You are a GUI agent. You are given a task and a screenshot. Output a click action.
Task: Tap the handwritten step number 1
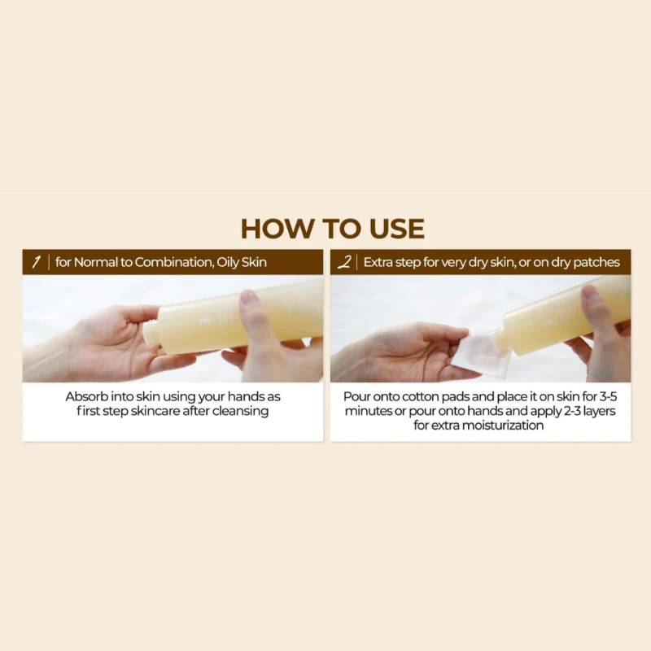35,262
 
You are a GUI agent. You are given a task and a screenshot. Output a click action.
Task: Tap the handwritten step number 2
344,262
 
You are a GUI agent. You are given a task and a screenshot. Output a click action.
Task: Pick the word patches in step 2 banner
597,262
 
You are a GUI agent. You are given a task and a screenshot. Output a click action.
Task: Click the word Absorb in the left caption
86,396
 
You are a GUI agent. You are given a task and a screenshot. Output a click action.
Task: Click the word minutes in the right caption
367,411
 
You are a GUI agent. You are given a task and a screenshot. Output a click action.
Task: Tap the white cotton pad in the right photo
481,353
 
